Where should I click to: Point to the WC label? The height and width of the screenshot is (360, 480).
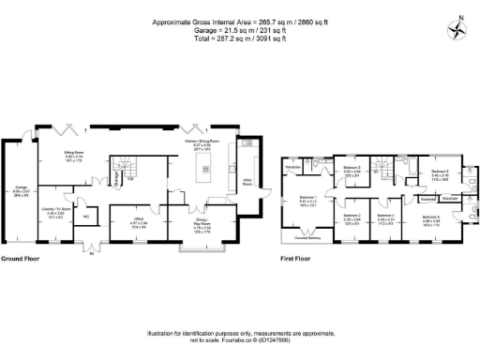(85, 217)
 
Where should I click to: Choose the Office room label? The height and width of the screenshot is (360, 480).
(135, 221)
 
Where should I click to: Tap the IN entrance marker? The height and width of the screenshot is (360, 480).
(90, 250)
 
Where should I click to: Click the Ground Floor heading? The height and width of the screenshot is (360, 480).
(20, 259)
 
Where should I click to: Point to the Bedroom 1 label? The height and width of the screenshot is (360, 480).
(308, 200)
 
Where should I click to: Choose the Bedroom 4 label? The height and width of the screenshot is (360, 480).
(385, 217)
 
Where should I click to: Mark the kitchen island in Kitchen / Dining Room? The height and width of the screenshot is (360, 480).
(208, 172)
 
